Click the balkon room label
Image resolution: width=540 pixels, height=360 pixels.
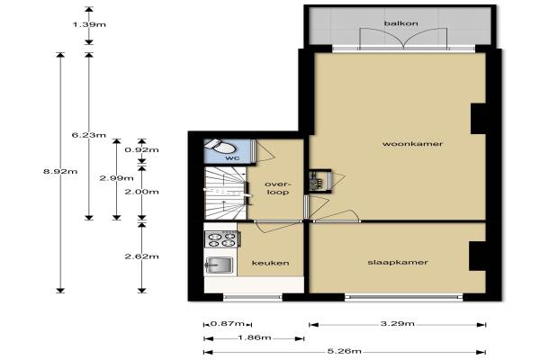click(400, 23)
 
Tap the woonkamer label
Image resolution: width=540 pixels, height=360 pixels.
click(412, 144)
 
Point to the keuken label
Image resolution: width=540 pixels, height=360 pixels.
click(270, 263)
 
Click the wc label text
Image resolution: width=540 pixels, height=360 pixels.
click(232, 158)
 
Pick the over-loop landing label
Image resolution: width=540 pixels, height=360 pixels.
click(277, 188)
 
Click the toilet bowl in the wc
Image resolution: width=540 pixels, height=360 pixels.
click(220, 147)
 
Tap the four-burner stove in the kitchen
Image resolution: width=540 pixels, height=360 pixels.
click(221, 239)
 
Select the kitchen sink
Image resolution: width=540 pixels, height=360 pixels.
click(219, 265)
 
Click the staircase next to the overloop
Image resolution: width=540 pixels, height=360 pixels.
click(226, 193)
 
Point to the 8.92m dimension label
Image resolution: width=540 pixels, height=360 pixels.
click(60, 171)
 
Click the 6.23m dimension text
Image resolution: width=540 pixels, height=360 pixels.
click(89, 135)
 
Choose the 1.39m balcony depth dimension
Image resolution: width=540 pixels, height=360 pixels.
click(89, 24)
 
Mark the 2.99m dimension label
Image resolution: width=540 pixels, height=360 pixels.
click(116, 178)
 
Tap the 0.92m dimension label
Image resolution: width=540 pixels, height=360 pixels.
click(141, 150)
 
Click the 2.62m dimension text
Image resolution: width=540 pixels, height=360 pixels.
click(141, 256)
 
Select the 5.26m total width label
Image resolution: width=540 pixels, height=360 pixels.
click(345, 351)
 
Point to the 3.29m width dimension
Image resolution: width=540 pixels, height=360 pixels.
click(397, 324)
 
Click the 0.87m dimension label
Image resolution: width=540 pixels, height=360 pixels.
click(228, 324)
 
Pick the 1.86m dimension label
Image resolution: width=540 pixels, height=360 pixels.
click(254, 337)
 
